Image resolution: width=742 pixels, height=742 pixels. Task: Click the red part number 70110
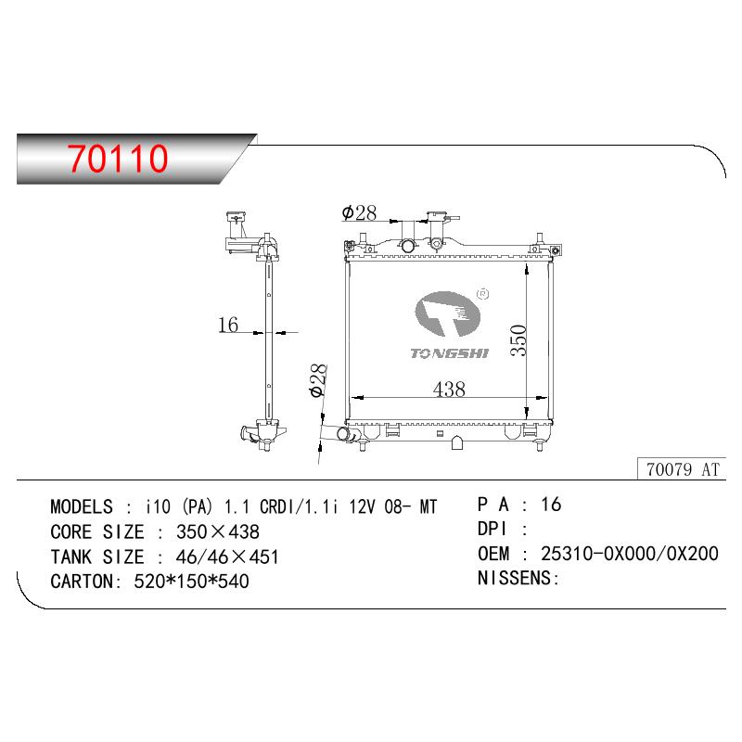point(118,158)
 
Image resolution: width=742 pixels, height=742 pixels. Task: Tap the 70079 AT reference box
point(682,468)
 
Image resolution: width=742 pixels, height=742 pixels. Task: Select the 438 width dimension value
point(449,389)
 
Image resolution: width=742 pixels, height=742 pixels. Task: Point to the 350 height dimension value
point(518,340)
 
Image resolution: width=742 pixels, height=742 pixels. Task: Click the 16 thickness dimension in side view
point(228,325)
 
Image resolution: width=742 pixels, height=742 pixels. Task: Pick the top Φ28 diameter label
point(359,212)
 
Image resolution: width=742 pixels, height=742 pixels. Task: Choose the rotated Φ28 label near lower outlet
point(317,380)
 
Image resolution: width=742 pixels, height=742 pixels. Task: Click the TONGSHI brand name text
point(449,353)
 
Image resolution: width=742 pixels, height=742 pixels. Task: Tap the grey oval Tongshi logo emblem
point(447,313)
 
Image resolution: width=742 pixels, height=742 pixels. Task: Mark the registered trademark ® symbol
point(483,294)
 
